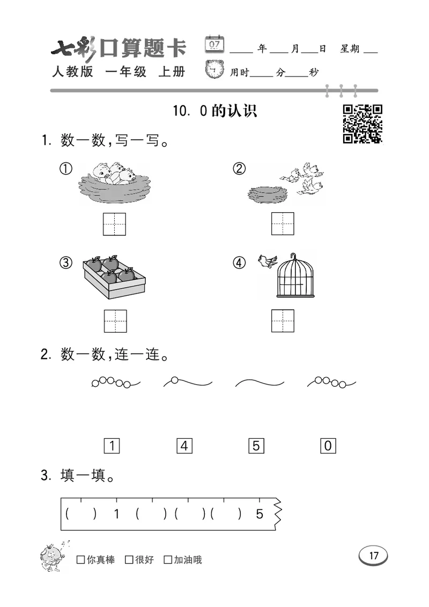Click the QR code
point(363,124)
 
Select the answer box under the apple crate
point(115,320)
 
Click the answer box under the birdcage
point(283,320)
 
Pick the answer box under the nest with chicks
point(115,223)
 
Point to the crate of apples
point(114,276)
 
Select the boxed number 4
point(184,445)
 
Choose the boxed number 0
point(328,445)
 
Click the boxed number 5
point(256,445)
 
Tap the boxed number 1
point(111,445)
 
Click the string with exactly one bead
point(187,382)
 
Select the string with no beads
point(260,383)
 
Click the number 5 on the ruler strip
point(260,514)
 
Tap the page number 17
point(373,556)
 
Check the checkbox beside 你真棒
point(81,560)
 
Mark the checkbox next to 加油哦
point(168,560)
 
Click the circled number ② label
point(239,169)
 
